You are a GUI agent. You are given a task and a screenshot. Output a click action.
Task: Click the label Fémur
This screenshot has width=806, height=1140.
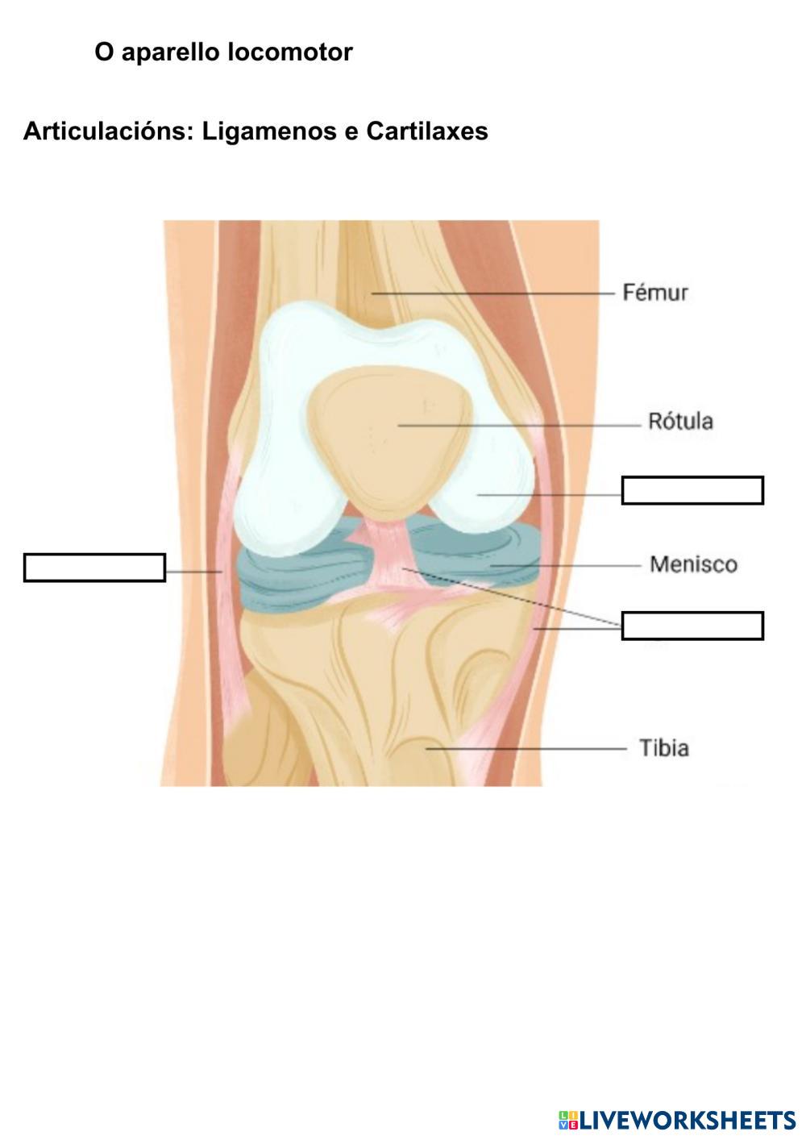[x=655, y=292]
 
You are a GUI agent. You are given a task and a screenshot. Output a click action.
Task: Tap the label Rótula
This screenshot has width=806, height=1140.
[x=680, y=422]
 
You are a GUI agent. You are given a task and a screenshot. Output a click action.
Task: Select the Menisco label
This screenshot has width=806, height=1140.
[x=693, y=564]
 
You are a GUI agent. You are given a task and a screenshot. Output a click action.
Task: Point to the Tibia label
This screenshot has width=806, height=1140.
[x=664, y=748]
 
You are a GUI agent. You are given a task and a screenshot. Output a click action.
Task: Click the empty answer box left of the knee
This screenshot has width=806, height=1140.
[x=94, y=568]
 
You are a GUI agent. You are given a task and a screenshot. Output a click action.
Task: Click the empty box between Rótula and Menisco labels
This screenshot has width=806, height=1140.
[x=692, y=490]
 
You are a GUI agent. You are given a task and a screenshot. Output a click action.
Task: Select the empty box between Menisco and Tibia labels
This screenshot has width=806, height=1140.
[x=692, y=626]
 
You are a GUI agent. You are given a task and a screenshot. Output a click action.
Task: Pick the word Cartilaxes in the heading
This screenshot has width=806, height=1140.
[x=427, y=131]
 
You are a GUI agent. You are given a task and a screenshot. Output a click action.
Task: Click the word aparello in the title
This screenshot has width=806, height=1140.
[x=171, y=52]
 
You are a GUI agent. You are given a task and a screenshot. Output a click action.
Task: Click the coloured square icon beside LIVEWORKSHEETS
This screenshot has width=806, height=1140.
[x=567, y=1120]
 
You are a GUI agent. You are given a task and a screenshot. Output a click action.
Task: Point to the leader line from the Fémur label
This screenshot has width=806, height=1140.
[x=492, y=294]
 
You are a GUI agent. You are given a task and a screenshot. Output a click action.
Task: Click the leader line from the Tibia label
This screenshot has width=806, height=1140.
[x=524, y=748]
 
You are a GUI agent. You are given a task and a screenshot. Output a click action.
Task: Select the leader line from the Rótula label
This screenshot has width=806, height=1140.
[x=516, y=425]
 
